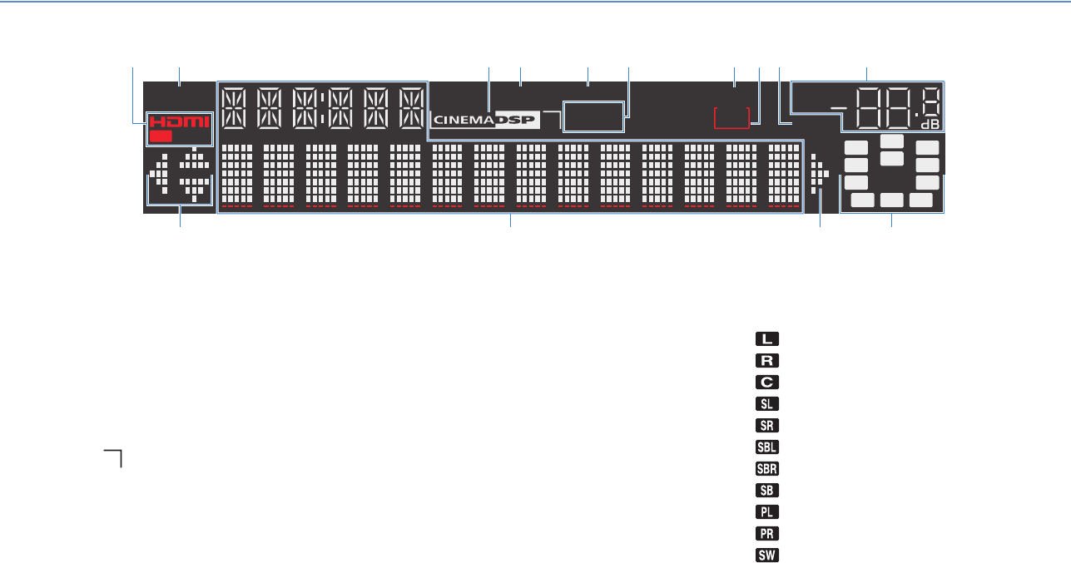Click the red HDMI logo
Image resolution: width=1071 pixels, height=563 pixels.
pos(180,122)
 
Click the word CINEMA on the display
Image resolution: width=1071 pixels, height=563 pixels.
pos(463,121)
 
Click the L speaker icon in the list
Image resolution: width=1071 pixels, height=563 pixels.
pos(767,339)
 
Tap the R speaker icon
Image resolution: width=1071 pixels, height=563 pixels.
pos(767,361)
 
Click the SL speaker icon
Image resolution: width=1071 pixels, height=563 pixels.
pos(767,404)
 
